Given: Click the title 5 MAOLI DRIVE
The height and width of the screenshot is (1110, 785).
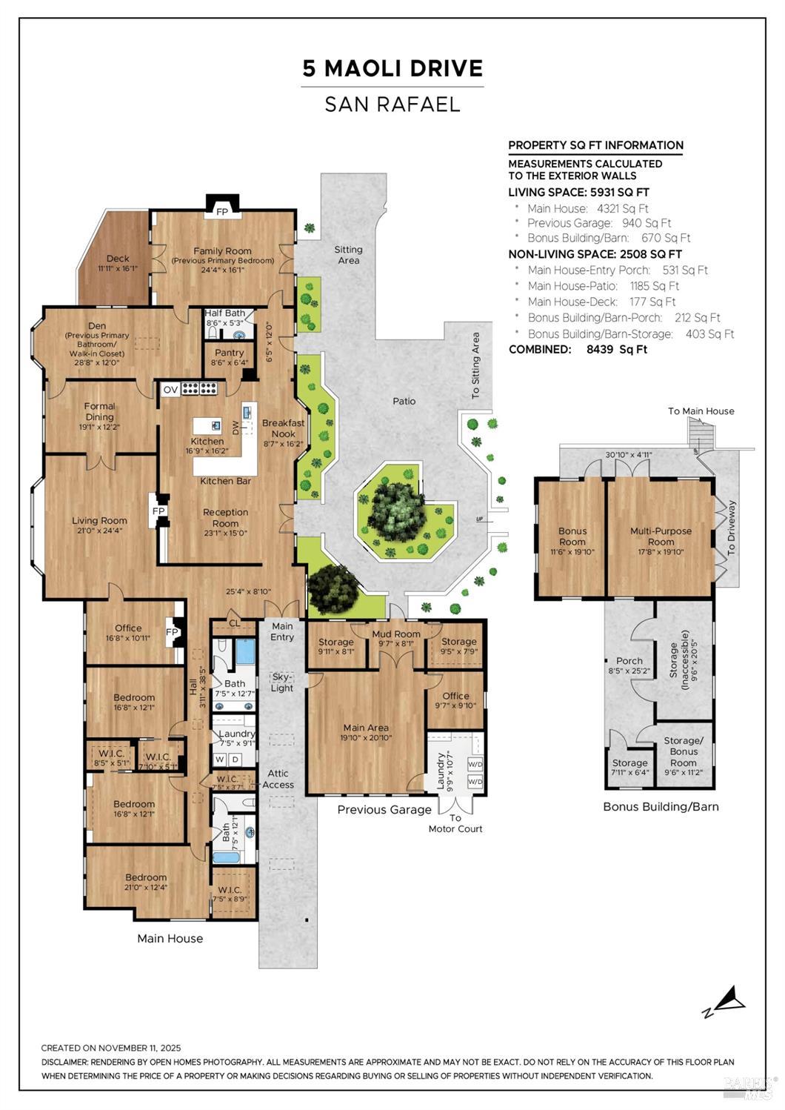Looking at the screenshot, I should pyautogui.click(x=392, y=69).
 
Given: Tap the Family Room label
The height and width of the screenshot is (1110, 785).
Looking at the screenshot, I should pyautogui.click(x=222, y=251).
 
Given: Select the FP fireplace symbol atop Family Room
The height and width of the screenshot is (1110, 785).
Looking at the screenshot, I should pyautogui.click(x=221, y=211).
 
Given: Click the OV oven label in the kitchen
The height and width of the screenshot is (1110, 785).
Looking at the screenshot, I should pyautogui.click(x=170, y=389).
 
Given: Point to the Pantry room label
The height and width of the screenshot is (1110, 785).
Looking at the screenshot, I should pyautogui.click(x=229, y=353).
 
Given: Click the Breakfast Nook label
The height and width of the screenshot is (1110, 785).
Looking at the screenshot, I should pyautogui.click(x=283, y=428).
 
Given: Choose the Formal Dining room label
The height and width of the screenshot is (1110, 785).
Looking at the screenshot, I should pyautogui.click(x=99, y=411).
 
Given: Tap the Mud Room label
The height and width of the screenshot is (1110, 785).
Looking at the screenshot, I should pyautogui.click(x=396, y=634).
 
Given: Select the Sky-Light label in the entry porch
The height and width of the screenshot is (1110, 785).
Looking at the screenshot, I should pyautogui.click(x=282, y=682).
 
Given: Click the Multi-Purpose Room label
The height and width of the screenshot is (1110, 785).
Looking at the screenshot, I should pyautogui.click(x=661, y=536).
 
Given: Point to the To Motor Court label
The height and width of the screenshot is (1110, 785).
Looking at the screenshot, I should pyautogui.click(x=455, y=823).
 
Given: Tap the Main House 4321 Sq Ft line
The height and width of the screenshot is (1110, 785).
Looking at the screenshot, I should pyautogui.click(x=587, y=209).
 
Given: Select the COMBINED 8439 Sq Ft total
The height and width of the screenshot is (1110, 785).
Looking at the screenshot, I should pyautogui.click(x=578, y=350).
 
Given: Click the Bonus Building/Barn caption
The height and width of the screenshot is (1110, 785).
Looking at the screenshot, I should pyautogui.click(x=661, y=807).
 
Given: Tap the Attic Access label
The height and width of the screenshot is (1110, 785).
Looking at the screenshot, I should pyautogui.click(x=278, y=779).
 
